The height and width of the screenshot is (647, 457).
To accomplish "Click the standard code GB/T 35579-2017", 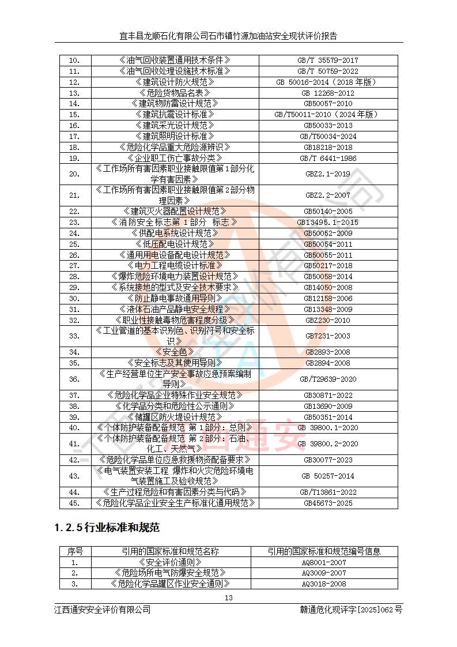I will pos(328,60).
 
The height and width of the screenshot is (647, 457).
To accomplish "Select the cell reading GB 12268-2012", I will pos(328,93).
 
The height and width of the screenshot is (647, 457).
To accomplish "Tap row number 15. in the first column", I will pos(74,114).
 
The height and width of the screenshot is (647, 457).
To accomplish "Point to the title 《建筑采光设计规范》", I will pos(175,125).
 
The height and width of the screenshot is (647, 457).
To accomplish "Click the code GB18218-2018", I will pos(328,147).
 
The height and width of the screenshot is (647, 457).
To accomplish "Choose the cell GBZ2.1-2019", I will pos(328,174).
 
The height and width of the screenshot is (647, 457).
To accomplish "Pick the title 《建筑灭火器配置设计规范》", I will pos(175,211).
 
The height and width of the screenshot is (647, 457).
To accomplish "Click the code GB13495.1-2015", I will pos(328,222).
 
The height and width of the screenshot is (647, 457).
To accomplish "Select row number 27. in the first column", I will pos(74,265).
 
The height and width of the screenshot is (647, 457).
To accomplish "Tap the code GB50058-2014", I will pos(328,276).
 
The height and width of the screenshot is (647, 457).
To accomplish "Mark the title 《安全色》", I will pos(175,352).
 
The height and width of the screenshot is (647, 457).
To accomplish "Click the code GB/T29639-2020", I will pos(328,379).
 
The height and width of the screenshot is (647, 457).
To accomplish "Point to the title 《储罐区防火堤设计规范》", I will pos(175,417).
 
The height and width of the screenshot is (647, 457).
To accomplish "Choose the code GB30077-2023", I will pos(328,460).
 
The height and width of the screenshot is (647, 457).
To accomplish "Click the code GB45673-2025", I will pos(328,503).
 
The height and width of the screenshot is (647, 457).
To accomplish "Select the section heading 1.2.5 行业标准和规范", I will pos(107,527).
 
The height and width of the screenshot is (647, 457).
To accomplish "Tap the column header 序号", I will pos(75,551).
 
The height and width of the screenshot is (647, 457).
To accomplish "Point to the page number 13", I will pos(229,597).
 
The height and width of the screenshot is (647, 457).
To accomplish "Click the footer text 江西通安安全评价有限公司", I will pos(103,610).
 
